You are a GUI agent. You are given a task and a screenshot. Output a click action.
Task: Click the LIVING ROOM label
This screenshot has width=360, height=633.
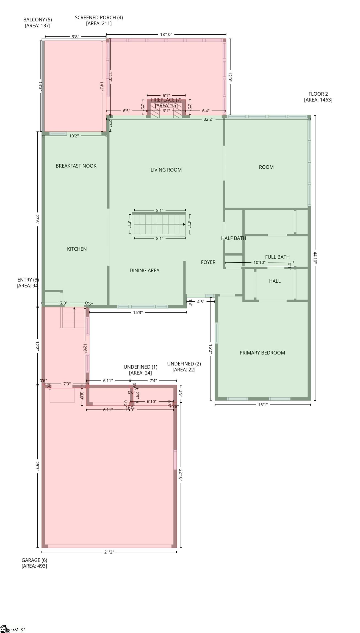coord(166,170)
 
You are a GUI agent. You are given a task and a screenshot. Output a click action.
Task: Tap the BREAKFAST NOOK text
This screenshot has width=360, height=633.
coord(76,166)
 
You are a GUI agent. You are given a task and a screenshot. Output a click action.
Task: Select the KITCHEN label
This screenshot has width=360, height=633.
coord(77,249)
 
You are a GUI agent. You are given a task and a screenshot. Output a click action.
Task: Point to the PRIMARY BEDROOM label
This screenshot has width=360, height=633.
coord(262,353)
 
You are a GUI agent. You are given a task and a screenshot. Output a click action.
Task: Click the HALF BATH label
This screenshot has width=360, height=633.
coord(233,238)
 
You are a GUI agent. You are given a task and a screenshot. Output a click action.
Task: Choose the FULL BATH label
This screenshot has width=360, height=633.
coord(277,257)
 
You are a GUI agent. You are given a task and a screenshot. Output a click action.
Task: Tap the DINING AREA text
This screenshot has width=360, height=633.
coord(144,270)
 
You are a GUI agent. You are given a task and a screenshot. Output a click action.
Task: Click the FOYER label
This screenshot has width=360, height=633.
coord(208,262)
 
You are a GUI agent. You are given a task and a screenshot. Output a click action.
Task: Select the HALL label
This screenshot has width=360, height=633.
coord(275,281)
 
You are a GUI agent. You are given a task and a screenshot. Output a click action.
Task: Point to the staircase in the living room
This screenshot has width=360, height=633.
coord(159,224)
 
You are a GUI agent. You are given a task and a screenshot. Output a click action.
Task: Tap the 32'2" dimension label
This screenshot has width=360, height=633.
coord(208,119)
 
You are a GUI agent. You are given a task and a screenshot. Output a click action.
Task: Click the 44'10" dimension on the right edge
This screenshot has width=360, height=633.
coord(315,258)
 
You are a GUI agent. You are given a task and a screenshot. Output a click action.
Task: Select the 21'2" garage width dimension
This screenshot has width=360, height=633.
coord(109,552)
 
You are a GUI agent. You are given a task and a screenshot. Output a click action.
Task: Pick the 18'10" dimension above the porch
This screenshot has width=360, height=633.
coord(166,34)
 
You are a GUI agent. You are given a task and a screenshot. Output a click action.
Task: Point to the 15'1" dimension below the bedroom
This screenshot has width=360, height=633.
coord(263,404)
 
